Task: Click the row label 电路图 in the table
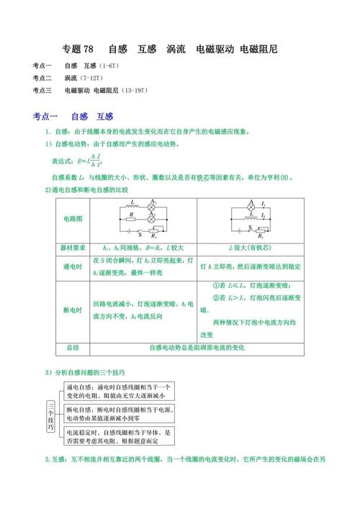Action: click(73, 217)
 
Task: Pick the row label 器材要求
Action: click(73, 247)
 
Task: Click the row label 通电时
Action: click(73, 266)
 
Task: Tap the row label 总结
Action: click(73, 348)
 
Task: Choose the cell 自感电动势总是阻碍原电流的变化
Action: click(197, 348)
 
